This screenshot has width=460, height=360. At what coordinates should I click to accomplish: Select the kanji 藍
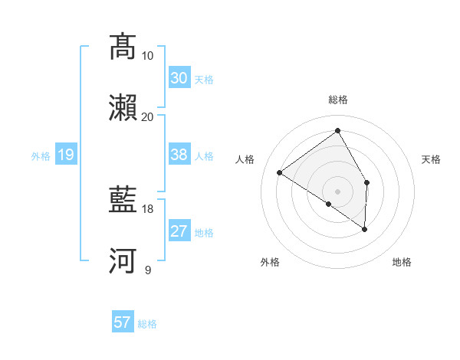[x=123, y=199]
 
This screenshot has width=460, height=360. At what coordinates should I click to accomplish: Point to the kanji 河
[x=123, y=260]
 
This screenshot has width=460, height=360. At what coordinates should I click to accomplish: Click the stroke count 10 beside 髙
[x=147, y=56]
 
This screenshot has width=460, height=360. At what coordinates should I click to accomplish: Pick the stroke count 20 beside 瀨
[x=147, y=116]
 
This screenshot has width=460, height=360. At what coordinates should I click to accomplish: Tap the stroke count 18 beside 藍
[x=147, y=208]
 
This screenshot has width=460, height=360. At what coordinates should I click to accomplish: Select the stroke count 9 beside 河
[x=147, y=270]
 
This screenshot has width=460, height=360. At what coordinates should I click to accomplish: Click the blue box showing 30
[x=179, y=78]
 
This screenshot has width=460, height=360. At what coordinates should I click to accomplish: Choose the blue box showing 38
[x=179, y=155]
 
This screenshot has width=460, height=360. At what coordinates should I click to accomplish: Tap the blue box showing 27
[x=179, y=231]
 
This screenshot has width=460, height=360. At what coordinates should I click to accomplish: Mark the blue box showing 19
[x=65, y=155]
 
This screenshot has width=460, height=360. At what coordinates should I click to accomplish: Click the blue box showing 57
[x=123, y=322]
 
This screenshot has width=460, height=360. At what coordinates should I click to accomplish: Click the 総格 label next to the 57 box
[x=147, y=324]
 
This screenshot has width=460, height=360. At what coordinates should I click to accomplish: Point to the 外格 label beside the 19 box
[x=41, y=156]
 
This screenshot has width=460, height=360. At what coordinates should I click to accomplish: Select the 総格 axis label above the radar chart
[x=337, y=100]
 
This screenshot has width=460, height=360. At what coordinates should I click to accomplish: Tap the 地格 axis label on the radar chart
[x=402, y=262]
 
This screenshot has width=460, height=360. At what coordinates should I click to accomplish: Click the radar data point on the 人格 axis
[x=280, y=173]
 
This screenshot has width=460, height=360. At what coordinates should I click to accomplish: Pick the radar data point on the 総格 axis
[x=337, y=131]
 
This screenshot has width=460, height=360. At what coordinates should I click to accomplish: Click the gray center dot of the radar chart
[x=337, y=191]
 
